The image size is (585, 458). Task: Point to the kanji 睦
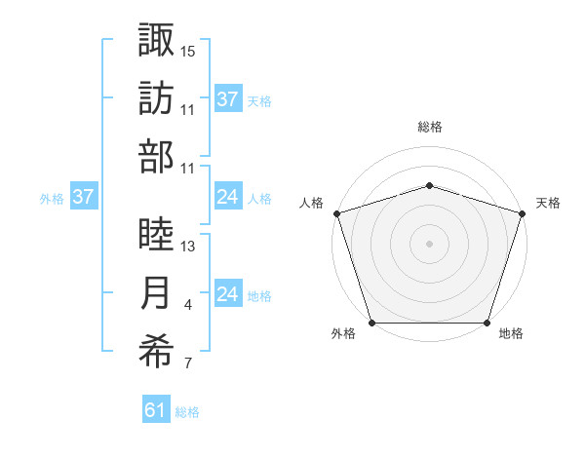[x=156, y=234]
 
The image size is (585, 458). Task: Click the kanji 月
[x=156, y=293]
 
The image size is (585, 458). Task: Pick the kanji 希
[x=156, y=352]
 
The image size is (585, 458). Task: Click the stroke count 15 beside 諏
[x=188, y=51]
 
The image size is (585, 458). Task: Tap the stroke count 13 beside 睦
[x=188, y=247]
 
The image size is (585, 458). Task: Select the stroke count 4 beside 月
[x=188, y=306]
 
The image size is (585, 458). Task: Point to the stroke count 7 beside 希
[x=188, y=364]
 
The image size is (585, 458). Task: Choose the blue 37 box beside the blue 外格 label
[x=83, y=197]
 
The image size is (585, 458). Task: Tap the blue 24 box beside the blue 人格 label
[x=227, y=197]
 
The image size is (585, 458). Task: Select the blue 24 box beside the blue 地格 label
[x=227, y=294]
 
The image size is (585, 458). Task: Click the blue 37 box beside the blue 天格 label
[x=227, y=98]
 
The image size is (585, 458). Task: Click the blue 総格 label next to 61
[x=187, y=413]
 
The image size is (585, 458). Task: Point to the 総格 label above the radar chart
[x=429, y=127]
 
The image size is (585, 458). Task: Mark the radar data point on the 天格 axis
[x=522, y=213]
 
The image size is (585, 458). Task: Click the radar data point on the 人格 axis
[x=336, y=213]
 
